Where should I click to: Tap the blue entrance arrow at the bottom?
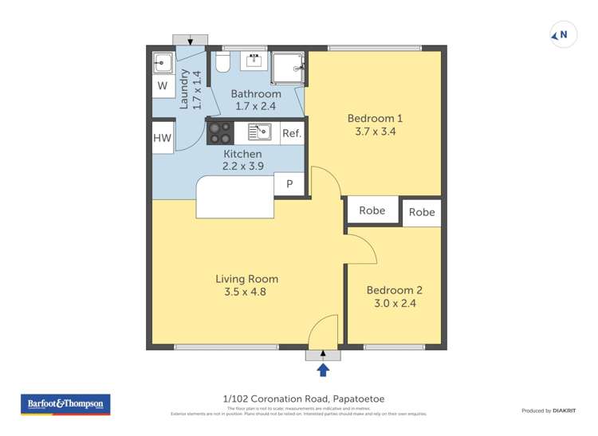pos(323,369)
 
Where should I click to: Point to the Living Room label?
pos(246,279)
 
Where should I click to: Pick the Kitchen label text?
pos(242,154)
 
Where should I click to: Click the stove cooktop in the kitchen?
pos(220,132)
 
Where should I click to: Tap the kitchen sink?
pos(259,132)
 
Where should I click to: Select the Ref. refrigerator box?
pos(292,133)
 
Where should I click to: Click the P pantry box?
pos(289,184)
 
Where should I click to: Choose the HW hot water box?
pos(162,138)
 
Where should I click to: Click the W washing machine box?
pos(162,85)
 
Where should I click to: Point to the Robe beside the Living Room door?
pos(372,210)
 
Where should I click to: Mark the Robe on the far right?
pos(422,212)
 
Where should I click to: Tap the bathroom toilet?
pos(222,62)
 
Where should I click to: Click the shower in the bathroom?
pos(287,69)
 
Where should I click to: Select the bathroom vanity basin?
pos(256,61)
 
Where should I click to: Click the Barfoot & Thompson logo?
pos(65,404)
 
